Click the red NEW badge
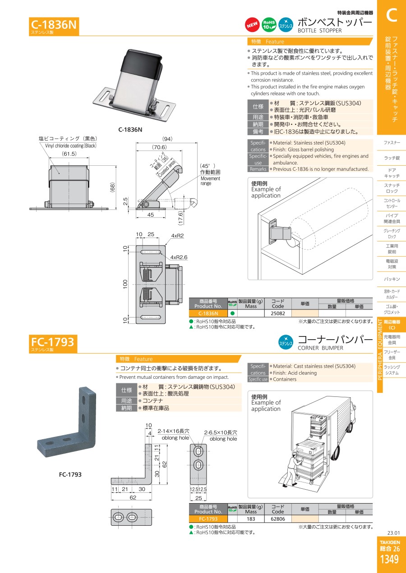pos(252,25)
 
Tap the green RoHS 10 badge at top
pos(269,25)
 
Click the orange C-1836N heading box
pos(54,26)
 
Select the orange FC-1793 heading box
pos(53,344)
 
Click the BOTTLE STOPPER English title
pos(319,31)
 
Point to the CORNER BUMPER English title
pos(320,348)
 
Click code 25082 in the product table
pos(278,314)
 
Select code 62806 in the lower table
pos(278,519)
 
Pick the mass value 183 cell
pos(251,519)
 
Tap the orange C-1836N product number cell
pos(208,314)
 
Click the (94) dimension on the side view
pos(167,139)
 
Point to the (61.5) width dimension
pos(69,154)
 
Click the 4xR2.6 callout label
pos(179,257)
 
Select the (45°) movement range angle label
pos(208,166)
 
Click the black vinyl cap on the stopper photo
pos(141,61)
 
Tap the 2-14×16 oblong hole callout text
pos(173,431)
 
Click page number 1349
pos(389,559)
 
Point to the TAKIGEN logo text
pos(390,542)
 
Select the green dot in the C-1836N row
pos(233,314)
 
